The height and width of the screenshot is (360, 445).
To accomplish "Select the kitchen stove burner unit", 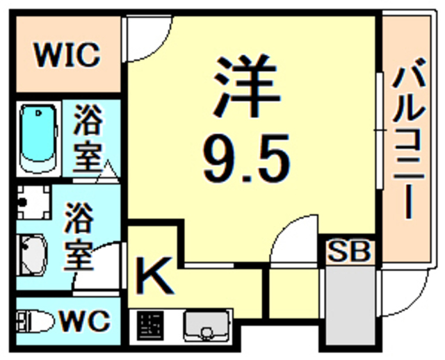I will (149, 325).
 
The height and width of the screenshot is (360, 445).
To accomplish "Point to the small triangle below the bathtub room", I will (108, 169).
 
